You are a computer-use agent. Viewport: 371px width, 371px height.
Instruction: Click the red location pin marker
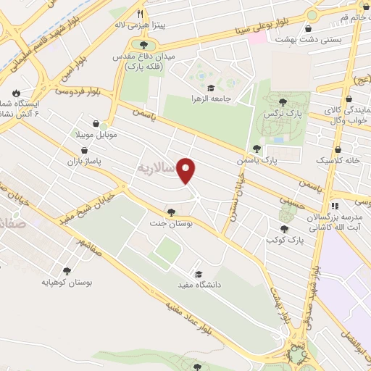(188, 170)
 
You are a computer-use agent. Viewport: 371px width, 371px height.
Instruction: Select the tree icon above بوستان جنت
(171, 212)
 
